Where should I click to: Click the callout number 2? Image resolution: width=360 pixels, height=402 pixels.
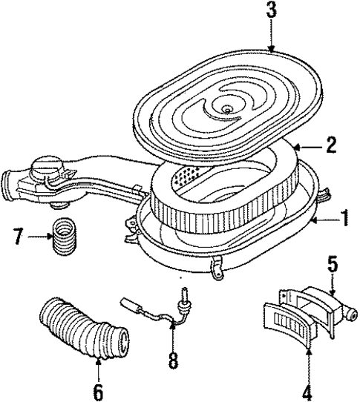click(331, 145)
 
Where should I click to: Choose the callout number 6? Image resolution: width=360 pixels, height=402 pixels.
click(98, 389)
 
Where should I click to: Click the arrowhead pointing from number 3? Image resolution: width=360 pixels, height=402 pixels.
click(272, 49)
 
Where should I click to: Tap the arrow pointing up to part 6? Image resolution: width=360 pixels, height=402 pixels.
click(98, 360)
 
